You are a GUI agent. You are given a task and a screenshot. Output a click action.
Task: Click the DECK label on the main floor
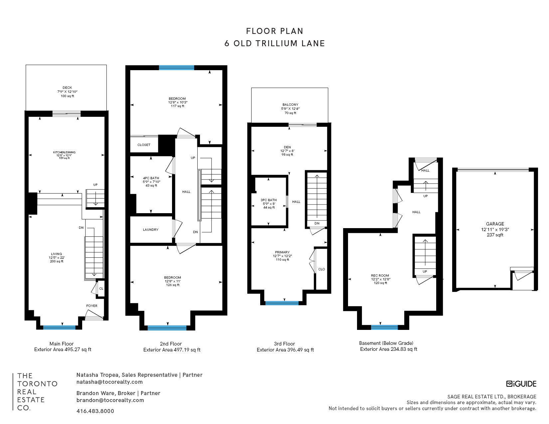67,88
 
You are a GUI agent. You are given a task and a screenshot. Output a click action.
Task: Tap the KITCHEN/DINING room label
64,152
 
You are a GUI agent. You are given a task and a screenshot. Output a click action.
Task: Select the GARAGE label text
495,224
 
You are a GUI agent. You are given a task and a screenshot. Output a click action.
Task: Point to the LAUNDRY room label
151,229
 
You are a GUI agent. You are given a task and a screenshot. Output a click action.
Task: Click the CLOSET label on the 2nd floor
144,145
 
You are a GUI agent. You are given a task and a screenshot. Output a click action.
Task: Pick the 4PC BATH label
151,178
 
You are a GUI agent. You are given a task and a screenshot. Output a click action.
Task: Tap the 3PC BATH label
269,200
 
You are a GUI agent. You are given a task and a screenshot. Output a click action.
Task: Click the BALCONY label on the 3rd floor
290,104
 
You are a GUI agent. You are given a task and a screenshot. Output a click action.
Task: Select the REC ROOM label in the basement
380,275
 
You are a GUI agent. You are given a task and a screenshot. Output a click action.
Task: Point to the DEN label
287,147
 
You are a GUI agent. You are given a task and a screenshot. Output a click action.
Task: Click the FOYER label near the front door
92,306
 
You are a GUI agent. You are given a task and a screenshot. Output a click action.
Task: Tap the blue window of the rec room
384,327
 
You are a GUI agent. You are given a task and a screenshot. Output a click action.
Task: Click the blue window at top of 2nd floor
177,68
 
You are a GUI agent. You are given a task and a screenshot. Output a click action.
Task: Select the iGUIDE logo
521,384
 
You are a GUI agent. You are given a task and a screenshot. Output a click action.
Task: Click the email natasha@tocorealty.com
110,382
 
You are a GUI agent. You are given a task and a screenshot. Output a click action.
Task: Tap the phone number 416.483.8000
95,411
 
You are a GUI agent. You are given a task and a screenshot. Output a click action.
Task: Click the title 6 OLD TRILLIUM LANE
274,44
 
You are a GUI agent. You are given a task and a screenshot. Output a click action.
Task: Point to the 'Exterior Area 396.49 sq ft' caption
285,350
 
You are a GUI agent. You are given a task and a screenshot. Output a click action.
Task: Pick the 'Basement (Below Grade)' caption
386,343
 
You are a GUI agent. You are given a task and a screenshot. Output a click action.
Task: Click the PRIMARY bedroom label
282,252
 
